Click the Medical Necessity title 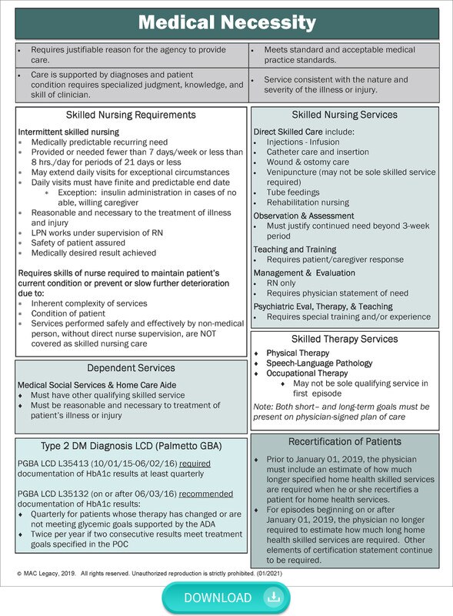[226, 22]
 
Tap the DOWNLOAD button [225, 598]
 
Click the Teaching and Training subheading [295, 249]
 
